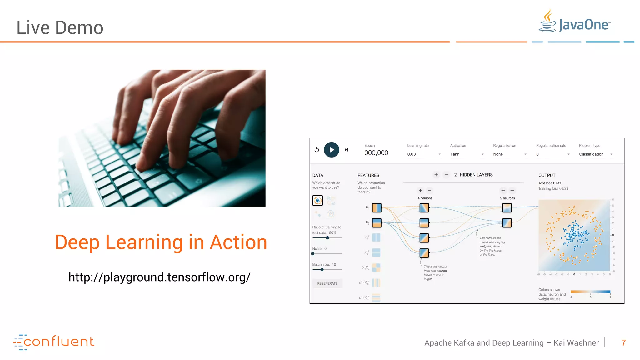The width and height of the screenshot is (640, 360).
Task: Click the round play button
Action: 331,150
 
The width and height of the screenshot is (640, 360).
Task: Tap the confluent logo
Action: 53,342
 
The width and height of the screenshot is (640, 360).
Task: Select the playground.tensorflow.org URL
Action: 159,277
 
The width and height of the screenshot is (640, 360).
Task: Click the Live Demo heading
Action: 60,27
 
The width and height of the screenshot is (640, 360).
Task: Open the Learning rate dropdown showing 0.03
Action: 424,154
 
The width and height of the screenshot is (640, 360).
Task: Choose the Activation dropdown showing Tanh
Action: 467,154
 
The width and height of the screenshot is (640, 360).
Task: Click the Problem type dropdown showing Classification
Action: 596,154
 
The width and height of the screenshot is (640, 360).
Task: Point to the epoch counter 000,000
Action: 376,153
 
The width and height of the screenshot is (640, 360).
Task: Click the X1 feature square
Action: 377,208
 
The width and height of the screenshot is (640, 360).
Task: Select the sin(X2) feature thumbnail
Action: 376,297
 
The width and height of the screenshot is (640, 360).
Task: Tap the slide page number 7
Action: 623,343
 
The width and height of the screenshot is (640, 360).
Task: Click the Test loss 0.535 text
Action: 550,183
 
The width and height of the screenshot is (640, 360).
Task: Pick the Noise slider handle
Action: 313,254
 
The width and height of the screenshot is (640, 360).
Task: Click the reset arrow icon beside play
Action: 317,150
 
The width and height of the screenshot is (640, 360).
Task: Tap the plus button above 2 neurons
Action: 503,191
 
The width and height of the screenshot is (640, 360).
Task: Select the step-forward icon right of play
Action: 346,150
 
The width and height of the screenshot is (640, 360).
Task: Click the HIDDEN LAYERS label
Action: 476,175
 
